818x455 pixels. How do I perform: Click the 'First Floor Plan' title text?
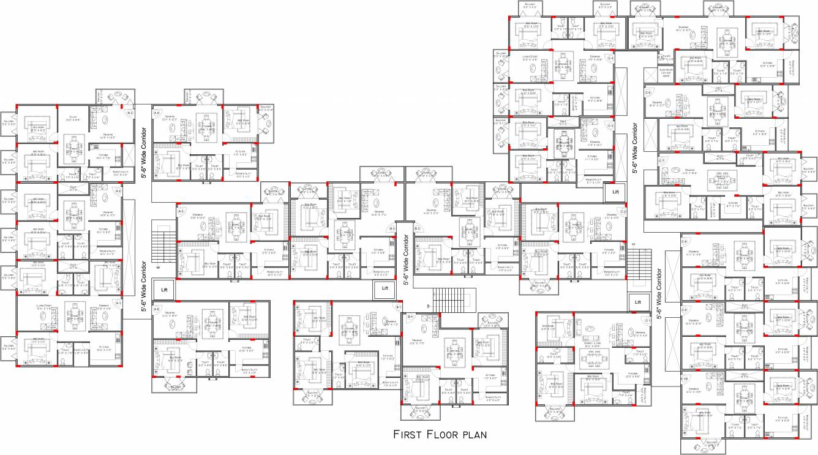(x=440, y=435)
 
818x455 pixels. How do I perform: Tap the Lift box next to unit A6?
(x=164, y=289)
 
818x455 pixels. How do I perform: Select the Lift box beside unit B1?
(x=385, y=288)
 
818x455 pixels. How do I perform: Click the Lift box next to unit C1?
(x=638, y=301)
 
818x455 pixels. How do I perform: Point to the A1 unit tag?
(x=119, y=303)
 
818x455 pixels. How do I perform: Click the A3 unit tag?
(x=130, y=113)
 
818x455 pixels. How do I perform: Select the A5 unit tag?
(x=181, y=211)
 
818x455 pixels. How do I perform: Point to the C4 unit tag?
(x=610, y=58)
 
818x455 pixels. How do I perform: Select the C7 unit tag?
(x=662, y=160)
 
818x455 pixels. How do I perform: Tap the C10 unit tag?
(x=685, y=381)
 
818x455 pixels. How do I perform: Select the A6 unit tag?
(x=157, y=309)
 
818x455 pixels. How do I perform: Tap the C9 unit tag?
(x=685, y=310)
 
